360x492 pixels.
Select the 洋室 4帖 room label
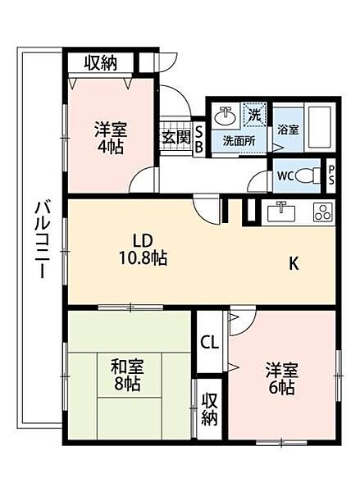[109, 136]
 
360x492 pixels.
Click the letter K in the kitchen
[294, 263]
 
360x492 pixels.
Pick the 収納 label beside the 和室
[209, 408]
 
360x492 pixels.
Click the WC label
[284, 175]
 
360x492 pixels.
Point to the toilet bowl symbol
[308, 175]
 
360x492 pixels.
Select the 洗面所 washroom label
[239, 140]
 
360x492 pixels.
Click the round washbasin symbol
[223, 117]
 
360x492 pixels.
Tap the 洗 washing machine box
[255, 116]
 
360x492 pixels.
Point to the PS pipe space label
[332, 175]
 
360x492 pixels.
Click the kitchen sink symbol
[281, 212]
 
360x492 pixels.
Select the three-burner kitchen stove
[322, 212]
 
